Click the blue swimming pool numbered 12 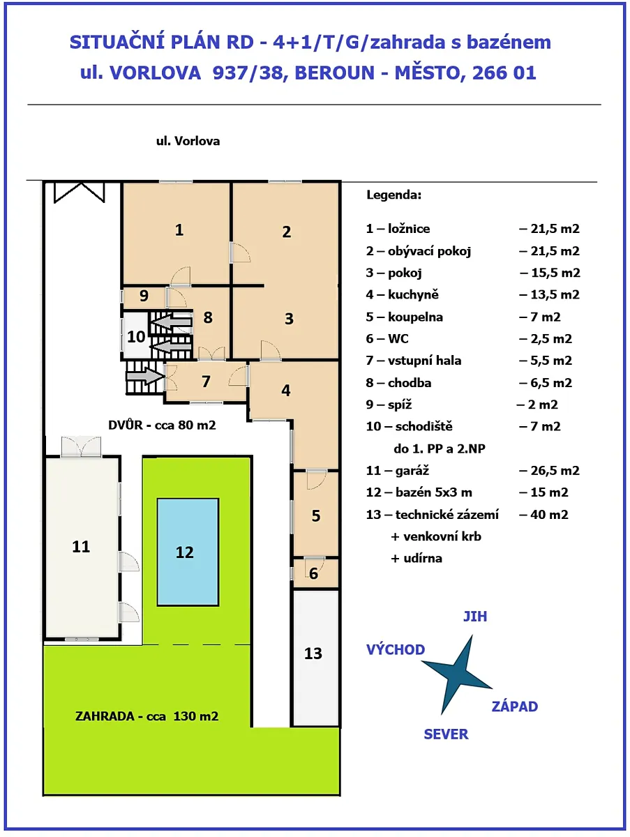188,552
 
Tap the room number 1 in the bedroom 179,230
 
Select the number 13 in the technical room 313,654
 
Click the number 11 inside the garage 81,547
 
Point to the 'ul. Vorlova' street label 188,141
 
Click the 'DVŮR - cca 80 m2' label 162,425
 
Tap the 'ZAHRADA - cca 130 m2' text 147,716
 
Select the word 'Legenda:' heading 394,195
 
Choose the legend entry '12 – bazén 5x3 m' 419,492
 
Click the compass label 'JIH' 475,616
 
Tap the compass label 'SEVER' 447,734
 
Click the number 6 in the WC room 313,573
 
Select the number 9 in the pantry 144,296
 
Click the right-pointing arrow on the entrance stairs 145,376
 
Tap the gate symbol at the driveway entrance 80,193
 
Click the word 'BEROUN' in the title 334,73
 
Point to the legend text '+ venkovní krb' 436,536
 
